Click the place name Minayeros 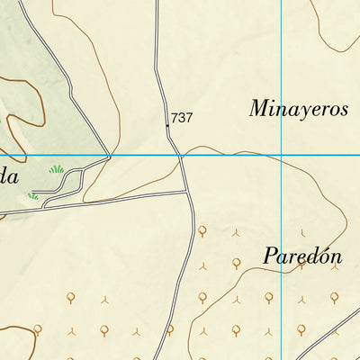pos(298,110)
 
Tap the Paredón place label pos(302,256)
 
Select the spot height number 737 pos(182,118)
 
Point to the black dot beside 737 pos(166,126)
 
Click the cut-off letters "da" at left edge pos(9,176)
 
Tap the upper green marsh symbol pos(57,168)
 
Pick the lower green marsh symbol pos(34,194)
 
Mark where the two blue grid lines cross pos(282,156)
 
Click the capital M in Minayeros pos(260,110)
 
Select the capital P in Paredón pos(270,256)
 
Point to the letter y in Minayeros pos(303,112)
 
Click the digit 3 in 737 pos(182,118)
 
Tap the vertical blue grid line pos(282,54)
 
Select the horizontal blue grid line pos(225,156)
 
